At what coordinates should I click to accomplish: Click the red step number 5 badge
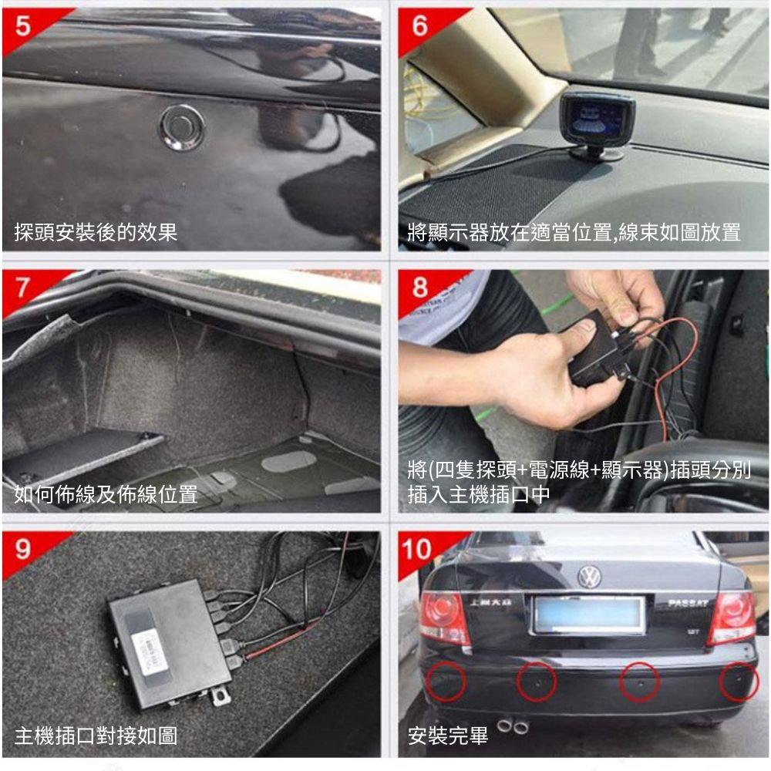point(23,27)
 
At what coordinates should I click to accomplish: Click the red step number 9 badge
point(23,549)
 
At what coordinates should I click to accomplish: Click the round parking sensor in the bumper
point(182,127)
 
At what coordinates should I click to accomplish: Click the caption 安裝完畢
point(448,736)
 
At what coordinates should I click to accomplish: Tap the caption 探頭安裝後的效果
point(96,232)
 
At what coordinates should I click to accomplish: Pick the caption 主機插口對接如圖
point(96,736)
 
